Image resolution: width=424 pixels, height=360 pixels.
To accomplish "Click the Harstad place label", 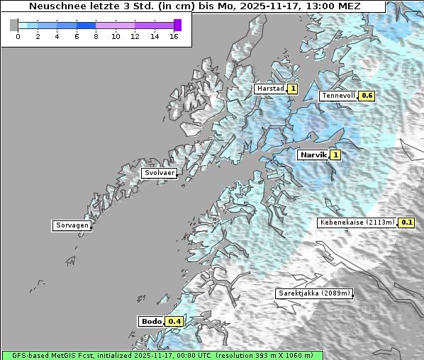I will tap(270, 89).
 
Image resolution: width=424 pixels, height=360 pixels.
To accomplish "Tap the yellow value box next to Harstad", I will tap(292, 89).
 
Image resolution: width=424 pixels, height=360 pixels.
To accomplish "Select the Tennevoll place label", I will tap(338, 96).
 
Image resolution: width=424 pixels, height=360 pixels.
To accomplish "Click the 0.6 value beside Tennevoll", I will tap(367, 96).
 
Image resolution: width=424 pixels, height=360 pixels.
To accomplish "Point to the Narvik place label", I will tap(313, 154).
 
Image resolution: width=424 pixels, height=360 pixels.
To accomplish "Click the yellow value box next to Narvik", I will tap(335, 154).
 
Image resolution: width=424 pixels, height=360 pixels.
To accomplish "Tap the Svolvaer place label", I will tap(159, 173).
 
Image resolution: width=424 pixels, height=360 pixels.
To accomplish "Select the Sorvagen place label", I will tap(72, 225).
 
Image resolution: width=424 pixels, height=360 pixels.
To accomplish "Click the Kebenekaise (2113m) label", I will tap(357, 223).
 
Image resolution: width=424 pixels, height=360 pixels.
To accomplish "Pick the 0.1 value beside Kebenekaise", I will tap(407, 223).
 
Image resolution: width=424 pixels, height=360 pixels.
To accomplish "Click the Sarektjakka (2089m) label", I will tap(313, 293).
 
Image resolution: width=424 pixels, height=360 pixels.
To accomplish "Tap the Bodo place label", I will tap(152, 322).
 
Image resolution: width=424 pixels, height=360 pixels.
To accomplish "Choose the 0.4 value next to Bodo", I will tap(174, 322).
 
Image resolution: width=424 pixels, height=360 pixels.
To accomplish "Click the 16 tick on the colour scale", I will tap(174, 36).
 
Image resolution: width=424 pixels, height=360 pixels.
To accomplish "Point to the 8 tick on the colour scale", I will tap(96, 36).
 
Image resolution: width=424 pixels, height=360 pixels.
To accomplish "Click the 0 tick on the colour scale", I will tap(18, 36).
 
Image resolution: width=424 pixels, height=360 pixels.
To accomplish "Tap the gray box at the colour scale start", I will tap(14, 25).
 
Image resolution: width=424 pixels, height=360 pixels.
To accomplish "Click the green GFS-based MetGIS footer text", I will tap(162, 355).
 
